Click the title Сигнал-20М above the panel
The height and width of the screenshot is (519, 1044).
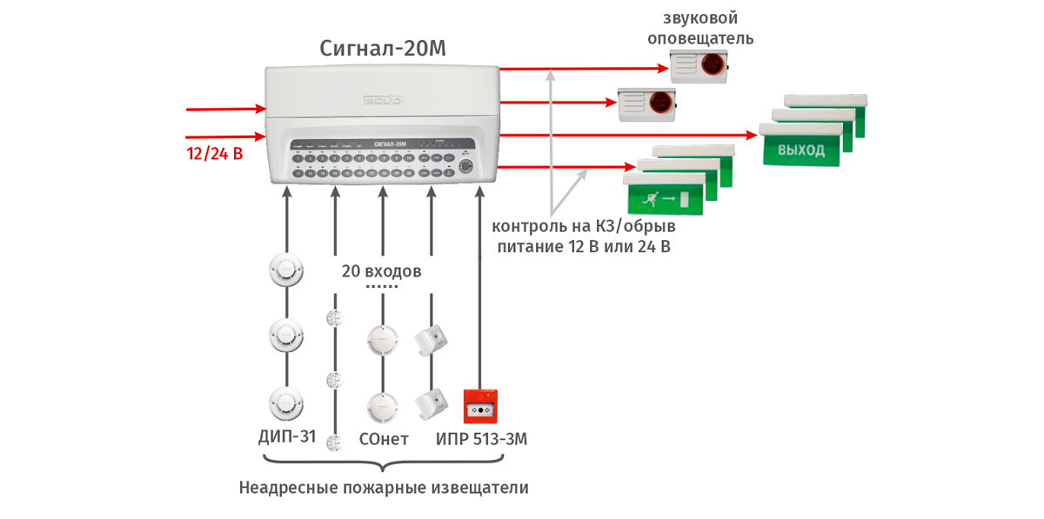[383, 48]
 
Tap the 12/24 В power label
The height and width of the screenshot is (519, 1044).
[214, 155]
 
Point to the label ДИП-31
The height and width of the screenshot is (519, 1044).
[287, 439]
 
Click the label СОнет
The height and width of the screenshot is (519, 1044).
[383, 439]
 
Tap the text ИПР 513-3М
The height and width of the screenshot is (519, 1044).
[481, 439]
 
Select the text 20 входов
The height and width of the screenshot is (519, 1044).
[381, 270]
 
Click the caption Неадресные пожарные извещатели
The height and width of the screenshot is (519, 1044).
[384, 488]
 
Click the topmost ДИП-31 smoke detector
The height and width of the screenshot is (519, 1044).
[286, 269]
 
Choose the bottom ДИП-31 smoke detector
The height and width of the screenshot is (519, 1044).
[286, 402]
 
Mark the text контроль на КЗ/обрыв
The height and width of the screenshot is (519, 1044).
[584, 227]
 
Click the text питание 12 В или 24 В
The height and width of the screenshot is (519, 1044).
[584, 248]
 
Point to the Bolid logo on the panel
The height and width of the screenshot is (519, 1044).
[383, 100]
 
